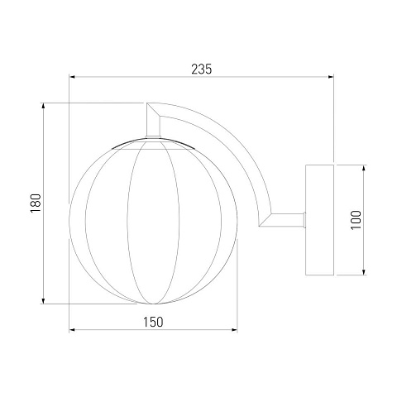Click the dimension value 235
[x=202, y=69]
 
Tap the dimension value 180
[x=36, y=203]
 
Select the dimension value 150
[x=153, y=322]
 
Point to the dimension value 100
[x=356, y=220]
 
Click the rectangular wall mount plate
[x=320, y=220]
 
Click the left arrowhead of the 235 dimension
[x=72, y=77]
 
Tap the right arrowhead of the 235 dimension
[x=331, y=77]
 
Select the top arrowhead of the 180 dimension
[x=43, y=106]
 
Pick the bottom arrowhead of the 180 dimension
[x=43, y=301]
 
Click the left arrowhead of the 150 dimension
[x=72, y=329]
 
